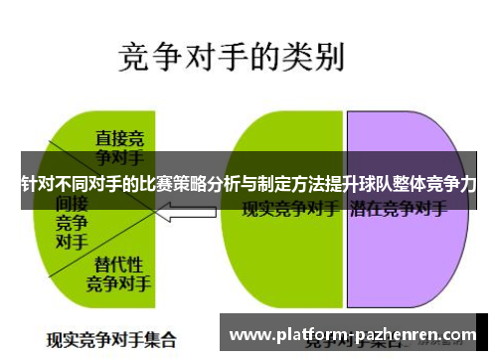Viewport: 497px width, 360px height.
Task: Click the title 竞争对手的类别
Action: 231,58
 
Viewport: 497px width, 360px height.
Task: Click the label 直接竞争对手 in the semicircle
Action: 119,145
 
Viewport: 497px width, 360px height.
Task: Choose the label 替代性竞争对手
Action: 118,272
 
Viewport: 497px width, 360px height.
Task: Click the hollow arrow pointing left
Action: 188,211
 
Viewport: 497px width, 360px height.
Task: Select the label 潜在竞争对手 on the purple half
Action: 398,211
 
